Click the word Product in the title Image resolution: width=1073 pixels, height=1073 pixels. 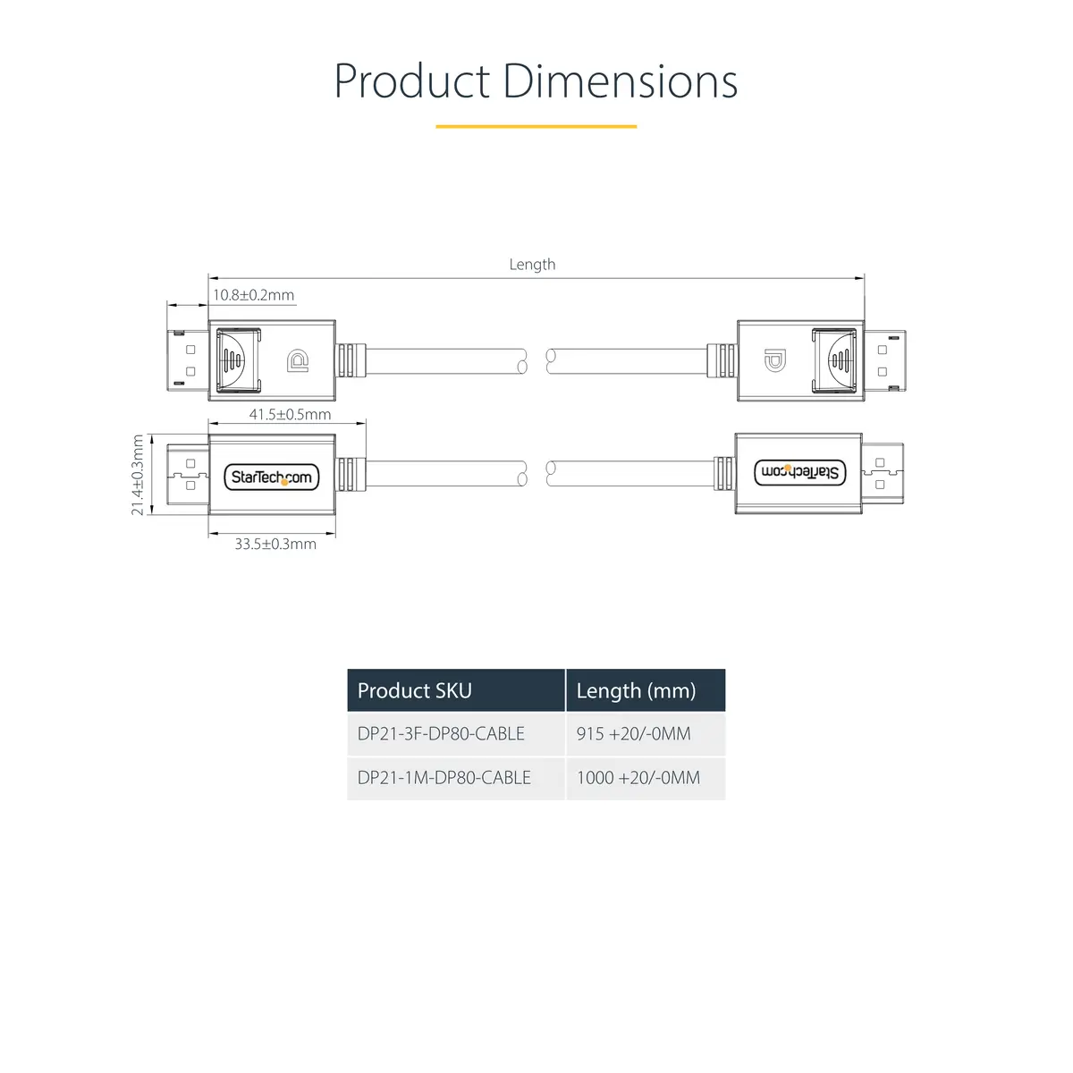tap(412, 81)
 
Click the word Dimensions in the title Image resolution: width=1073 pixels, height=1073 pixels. tap(620, 81)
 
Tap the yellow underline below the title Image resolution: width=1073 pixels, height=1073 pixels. tap(536, 127)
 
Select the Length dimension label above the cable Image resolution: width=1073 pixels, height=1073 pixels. tap(532, 265)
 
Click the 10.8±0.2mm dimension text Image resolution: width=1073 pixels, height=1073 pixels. tap(253, 295)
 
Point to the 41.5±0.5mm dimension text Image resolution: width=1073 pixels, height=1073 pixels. tap(290, 415)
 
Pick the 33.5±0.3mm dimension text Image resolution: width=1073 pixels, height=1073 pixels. tap(275, 544)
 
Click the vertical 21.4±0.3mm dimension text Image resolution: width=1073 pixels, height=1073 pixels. tap(138, 475)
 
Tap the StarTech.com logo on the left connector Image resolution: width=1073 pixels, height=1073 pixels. tap(272, 477)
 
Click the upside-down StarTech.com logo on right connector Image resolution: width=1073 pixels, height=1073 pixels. tap(799, 473)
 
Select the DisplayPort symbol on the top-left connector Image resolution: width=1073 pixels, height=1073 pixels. tap(297, 360)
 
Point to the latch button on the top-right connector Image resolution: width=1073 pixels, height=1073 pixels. tap(833, 359)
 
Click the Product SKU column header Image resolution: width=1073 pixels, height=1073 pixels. tap(414, 690)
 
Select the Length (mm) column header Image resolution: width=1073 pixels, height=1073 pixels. tap(636, 690)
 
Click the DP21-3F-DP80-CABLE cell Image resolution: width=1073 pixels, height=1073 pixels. tap(441, 734)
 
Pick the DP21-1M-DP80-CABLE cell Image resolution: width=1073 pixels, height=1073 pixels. tap(444, 778)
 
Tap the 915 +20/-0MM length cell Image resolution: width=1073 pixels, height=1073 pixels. tap(633, 734)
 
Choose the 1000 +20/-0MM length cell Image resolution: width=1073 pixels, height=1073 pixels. tap(638, 778)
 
